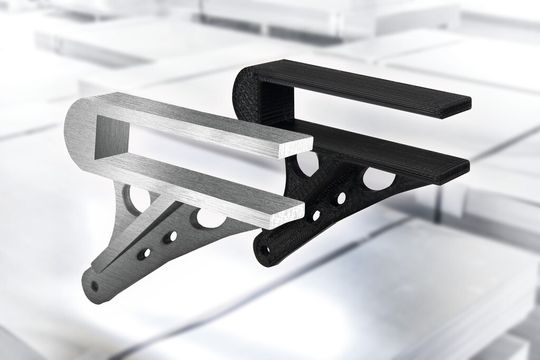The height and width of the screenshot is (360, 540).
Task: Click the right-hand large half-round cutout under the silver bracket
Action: pyautogui.click(x=211, y=216)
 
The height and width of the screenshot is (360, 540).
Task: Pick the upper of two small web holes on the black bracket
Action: pyautogui.click(x=341, y=199)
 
